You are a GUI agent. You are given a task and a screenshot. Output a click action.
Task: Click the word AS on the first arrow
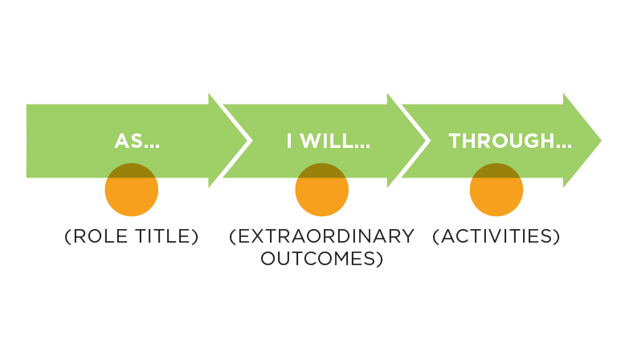(x=129, y=141)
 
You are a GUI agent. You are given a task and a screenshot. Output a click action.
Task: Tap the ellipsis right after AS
(x=152, y=146)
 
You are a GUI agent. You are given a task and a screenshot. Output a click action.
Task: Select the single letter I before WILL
(x=289, y=141)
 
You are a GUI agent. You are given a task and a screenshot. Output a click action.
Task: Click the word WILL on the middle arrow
(x=325, y=141)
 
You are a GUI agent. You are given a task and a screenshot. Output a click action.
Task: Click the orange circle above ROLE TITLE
(x=132, y=190)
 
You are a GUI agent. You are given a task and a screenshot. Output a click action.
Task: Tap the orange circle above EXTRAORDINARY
(x=321, y=190)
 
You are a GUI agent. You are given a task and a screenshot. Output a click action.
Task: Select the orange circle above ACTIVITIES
(x=496, y=190)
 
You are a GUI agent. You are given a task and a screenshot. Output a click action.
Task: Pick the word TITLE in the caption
(x=163, y=236)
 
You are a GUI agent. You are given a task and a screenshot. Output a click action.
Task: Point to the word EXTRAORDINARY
(x=325, y=236)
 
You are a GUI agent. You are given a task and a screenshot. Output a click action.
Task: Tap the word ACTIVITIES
(x=496, y=236)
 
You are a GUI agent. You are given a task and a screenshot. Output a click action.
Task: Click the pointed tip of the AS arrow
(x=252, y=141)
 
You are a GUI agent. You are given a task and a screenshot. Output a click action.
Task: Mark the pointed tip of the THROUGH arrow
(x=602, y=141)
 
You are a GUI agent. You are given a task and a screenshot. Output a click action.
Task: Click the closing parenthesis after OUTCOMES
(x=379, y=259)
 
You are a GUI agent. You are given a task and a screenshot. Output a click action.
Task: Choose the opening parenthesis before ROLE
(x=67, y=236)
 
